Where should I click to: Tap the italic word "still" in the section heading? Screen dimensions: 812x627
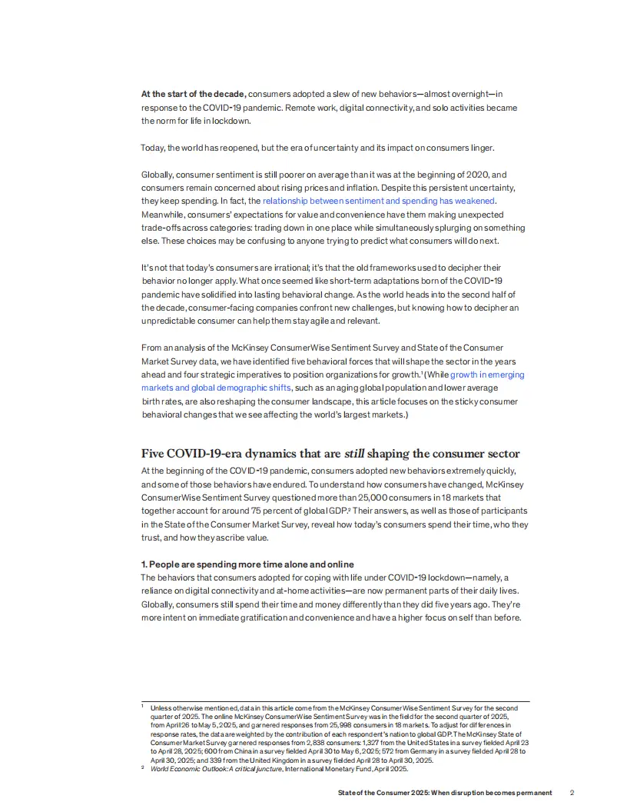coord(353,454)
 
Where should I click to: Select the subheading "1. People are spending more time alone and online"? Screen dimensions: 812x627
coord(247,564)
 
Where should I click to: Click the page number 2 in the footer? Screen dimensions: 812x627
coord(572,793)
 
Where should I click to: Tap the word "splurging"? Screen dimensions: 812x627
coord(435,228)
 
